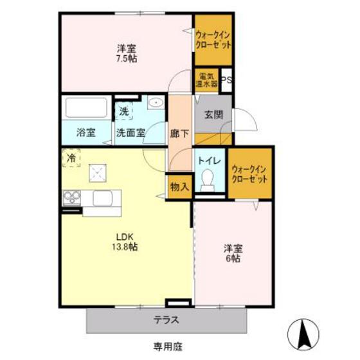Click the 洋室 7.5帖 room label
pos(127,53)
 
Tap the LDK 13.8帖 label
pos(125,242)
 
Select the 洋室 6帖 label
pos(233,253)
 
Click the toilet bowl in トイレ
pos(208,179)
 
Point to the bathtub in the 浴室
pos(86,108)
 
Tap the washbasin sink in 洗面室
pos(156,102)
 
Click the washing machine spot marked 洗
pos(124,111)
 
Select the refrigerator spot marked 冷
pos(71,157)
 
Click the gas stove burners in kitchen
pos(72,198)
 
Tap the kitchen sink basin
pos(102,199)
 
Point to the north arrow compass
pos(303,333)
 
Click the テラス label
pos(166,320)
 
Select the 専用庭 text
pos(168,346)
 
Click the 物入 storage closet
pos(179,187)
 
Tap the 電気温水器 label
pos(206,80)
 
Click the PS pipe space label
pos(226,80)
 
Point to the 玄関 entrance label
pos(213,114)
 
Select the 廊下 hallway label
pos(179,134)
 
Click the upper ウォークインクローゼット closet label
pos(213,40)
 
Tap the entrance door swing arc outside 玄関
pos(250,116)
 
